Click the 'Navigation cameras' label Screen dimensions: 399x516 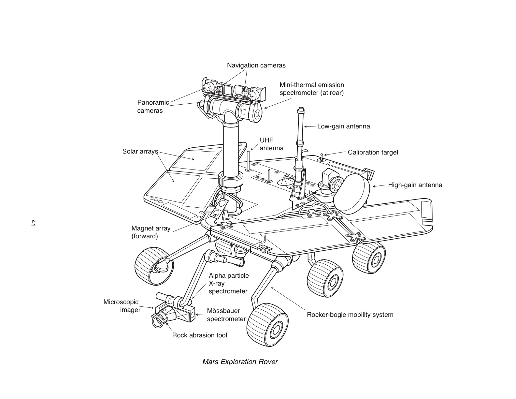256,66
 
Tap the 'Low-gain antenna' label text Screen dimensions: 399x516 343,126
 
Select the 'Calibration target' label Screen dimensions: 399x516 373,153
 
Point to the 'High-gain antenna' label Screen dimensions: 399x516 415,185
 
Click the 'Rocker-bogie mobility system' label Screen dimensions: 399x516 350,315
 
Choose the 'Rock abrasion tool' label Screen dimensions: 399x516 199,335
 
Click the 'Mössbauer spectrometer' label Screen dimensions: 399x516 226,315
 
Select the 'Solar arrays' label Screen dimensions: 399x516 140,152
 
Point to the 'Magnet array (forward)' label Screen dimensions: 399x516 151,232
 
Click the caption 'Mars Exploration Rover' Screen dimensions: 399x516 240,362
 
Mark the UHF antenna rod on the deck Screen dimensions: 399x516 248,160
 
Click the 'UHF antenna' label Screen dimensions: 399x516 271,144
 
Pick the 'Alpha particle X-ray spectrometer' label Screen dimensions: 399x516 228,284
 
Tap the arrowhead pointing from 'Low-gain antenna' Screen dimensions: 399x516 306,126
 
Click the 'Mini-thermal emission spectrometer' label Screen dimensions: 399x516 311,89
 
